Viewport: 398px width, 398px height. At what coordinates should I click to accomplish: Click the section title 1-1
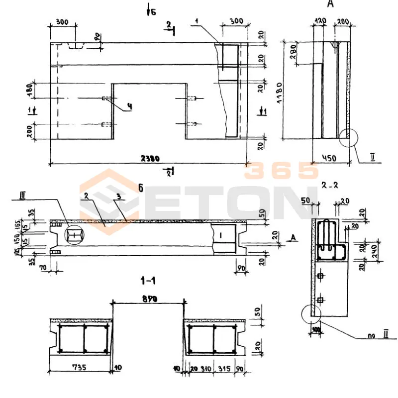point(148,282)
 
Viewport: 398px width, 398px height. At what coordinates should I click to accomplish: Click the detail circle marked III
point(73,234)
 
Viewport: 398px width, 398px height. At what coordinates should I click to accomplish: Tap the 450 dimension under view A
point(329,158)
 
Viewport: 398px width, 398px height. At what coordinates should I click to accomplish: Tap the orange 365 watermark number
point(281,171)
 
